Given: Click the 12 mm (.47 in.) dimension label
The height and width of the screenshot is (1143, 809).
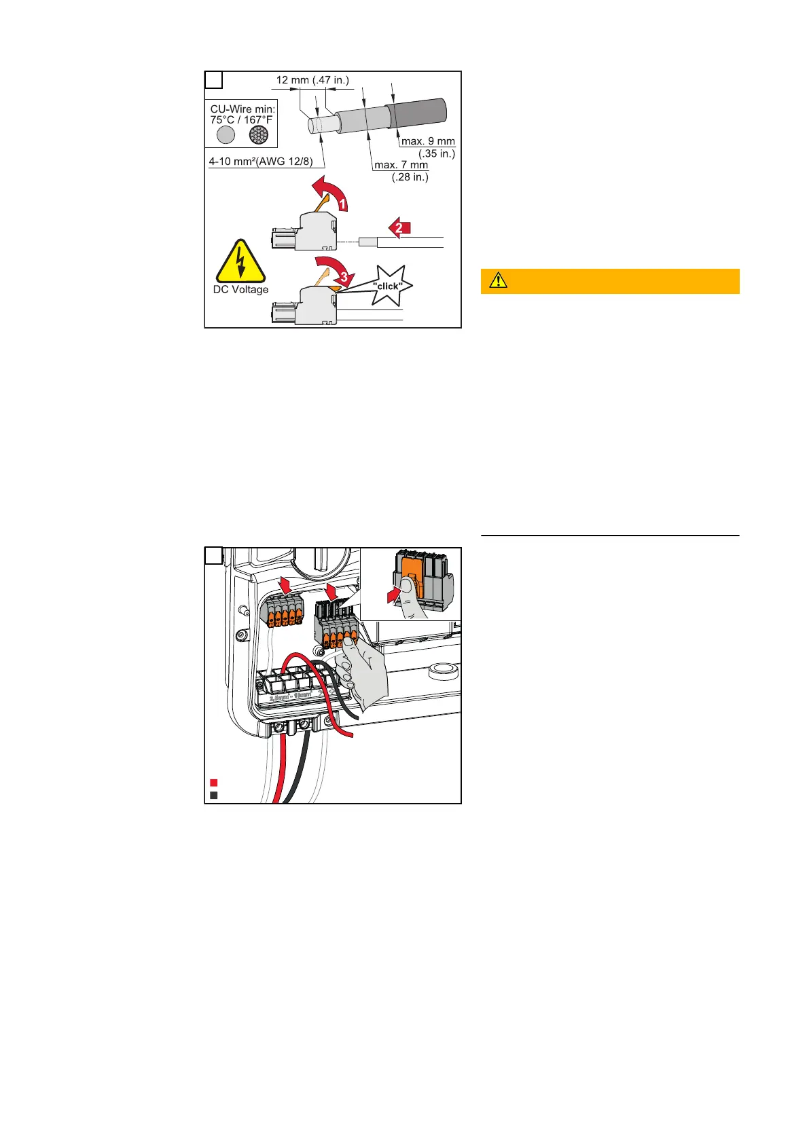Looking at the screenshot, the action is point(312,80).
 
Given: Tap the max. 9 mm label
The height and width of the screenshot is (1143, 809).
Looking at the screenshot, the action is point(428,141).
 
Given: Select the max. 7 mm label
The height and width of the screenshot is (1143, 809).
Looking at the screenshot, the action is point(401,165).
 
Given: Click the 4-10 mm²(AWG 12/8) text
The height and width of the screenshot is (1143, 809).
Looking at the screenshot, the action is point(261,162).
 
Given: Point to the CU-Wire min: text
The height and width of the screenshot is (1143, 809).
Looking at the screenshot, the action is point(242,109).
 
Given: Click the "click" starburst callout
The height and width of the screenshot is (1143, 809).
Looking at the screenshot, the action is point(389,286).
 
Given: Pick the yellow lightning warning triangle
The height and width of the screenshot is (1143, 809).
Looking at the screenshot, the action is point(240,263).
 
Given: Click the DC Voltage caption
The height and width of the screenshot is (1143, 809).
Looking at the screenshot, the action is point(240,290).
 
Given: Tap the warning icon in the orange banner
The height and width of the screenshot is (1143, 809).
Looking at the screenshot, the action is point(498,280).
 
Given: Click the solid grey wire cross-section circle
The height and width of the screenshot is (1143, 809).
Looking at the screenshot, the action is point(226,135).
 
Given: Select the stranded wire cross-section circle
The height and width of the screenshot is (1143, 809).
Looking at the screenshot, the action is point(259,135).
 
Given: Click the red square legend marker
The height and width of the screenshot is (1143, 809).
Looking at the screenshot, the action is point(214,783).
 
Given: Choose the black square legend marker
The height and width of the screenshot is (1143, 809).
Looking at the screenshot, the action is point(214,795).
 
